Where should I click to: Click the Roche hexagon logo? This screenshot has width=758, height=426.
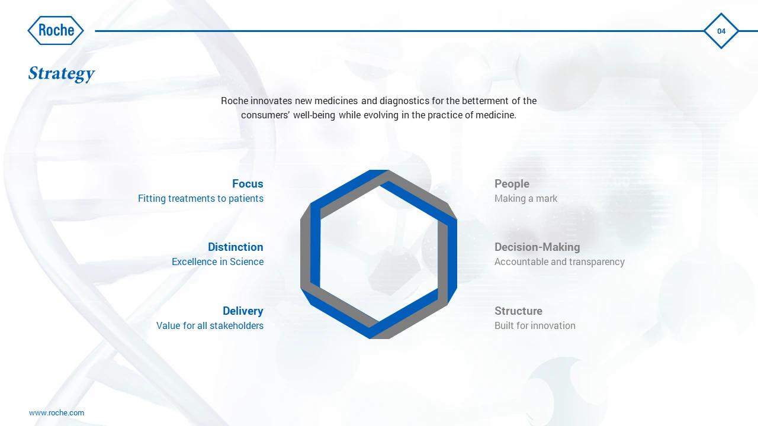56,30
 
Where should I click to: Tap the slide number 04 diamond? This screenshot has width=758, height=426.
721,31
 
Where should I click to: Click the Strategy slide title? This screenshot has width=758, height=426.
61,74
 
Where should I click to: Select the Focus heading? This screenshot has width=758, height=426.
248,183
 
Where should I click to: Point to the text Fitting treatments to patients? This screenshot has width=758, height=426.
201,198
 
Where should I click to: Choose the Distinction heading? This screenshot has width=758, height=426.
235,247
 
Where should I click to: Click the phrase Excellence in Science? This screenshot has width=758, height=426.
217,262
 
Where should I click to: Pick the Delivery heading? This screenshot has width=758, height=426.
243,311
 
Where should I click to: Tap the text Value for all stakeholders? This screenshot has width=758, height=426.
210,325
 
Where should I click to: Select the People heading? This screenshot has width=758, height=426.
512,183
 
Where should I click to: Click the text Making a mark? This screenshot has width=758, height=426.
525,198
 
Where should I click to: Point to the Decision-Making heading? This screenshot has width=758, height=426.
537,247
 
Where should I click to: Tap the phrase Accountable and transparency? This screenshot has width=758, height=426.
560,262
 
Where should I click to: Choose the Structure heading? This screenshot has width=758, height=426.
518,311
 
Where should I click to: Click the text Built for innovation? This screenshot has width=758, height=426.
535,325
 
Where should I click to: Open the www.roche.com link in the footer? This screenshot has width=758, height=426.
56,413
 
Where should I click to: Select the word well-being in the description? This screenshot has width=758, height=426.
314,115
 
